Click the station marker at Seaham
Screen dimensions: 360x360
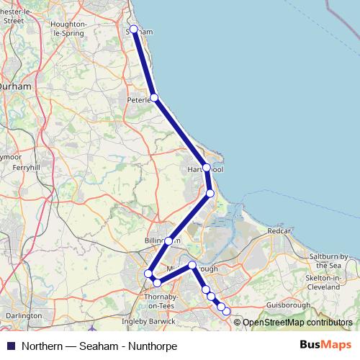(133, 30)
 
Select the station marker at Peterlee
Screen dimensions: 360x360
(154, 97)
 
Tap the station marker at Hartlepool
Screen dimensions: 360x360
(207, 168)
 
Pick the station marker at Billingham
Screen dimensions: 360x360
(168, 241)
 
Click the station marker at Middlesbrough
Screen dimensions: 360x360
(192, 266)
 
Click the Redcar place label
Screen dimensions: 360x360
(279, 232)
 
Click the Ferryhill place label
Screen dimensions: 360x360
(26, 167)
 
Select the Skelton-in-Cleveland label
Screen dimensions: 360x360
(332, 280)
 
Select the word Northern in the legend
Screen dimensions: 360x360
(42, 346)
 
